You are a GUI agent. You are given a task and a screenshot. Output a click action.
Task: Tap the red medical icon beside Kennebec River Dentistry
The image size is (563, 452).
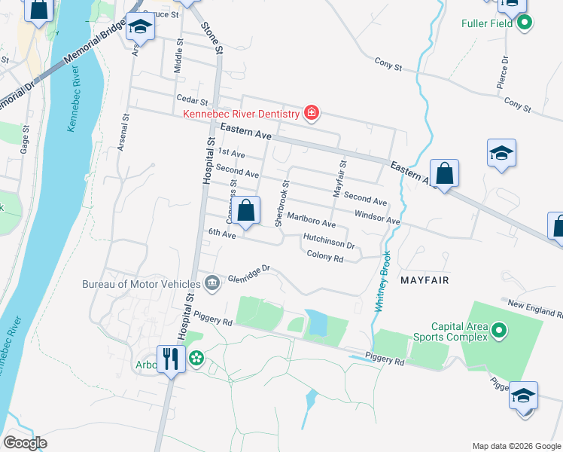[310, 114]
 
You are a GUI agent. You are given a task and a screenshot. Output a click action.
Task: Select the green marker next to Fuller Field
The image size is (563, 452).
[525, 23]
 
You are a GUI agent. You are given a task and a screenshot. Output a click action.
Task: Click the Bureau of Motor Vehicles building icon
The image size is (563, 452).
[212, 283]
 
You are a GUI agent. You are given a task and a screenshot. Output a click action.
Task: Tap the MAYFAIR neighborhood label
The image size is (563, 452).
[425, 279]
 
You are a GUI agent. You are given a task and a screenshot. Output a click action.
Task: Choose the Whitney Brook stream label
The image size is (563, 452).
[382, 281]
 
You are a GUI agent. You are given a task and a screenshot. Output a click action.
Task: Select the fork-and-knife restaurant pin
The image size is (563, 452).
[171, 359]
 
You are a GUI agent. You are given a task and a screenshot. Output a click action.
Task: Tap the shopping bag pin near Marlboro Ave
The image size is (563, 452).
[246, 211]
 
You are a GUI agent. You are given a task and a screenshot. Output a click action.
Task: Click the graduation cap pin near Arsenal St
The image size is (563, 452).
[139, 27]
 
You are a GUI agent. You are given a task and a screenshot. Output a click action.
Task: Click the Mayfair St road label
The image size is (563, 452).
[339, 179]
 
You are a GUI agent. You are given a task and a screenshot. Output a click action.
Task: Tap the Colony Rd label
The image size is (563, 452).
[325, 257]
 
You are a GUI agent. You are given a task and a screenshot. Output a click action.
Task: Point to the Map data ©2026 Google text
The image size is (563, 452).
[516, 446]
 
